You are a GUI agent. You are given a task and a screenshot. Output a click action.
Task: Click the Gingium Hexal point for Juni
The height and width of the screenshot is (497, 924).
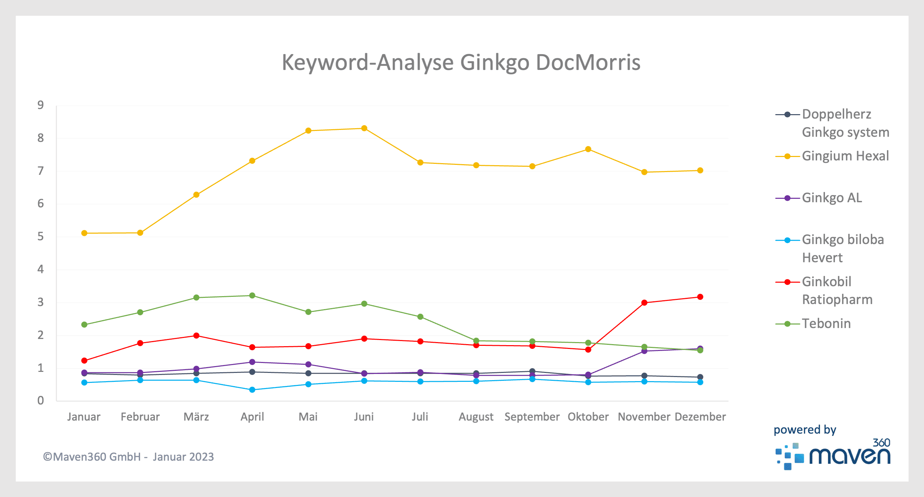tap(364, 129)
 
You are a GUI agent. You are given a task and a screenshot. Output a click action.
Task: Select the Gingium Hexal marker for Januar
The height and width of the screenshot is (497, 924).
tap(84, 233)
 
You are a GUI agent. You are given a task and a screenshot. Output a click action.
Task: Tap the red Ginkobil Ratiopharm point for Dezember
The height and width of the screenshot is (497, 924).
tap(700, 297)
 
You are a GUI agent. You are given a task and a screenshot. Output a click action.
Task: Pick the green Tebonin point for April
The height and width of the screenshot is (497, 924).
tap(252, 296)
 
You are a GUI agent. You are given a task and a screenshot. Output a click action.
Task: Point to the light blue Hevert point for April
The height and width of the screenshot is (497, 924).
tap(252, 390)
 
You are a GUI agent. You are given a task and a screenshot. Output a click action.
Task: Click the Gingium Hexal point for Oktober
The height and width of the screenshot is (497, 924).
tap(588, 149)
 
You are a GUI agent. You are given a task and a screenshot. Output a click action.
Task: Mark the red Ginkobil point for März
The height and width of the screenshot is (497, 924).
tap(196, 336)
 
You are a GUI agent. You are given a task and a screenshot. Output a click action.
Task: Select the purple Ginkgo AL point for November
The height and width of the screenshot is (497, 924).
tap(644, 351)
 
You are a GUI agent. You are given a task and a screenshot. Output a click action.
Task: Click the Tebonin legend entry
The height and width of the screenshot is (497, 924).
tap(826, 324)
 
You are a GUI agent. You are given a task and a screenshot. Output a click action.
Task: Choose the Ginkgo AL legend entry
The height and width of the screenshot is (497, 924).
tap(831, 198)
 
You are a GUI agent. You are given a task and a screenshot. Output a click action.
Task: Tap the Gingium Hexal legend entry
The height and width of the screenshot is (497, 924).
tap(845, 156)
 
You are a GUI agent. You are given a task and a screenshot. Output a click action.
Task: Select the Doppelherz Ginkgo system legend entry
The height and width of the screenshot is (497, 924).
tap(845, 123)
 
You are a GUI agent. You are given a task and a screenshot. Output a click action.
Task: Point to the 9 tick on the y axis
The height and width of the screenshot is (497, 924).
tap(40, 105)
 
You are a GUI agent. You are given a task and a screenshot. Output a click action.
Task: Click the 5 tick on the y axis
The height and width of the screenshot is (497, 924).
tap(40, 237)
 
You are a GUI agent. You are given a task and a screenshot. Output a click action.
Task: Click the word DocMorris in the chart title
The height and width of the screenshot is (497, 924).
tap(588, 62)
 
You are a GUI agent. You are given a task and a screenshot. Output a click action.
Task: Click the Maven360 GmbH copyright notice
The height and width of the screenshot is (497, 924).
tap(129, 457)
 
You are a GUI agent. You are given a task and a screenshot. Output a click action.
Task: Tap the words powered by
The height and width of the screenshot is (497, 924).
tap(804, 429)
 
